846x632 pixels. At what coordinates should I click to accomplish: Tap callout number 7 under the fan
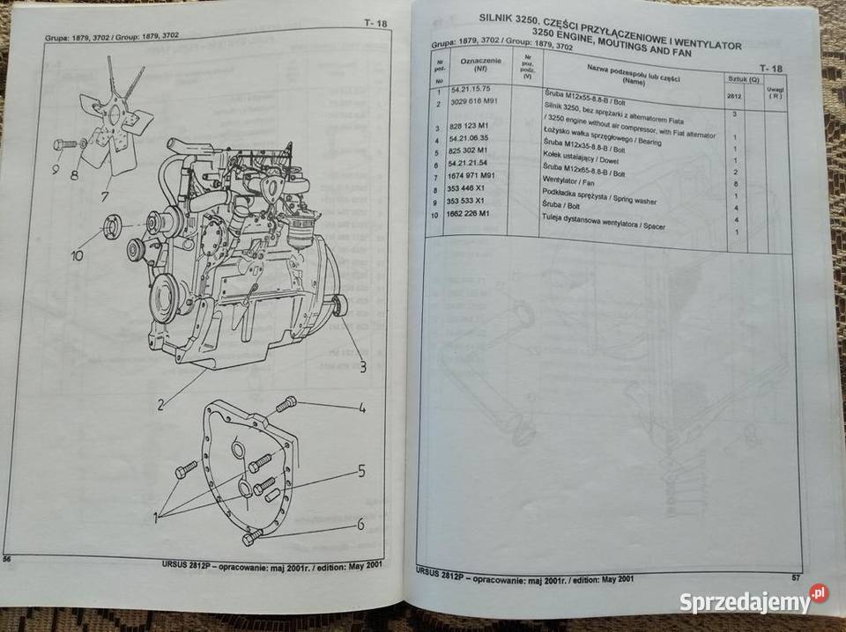tap(106, 194)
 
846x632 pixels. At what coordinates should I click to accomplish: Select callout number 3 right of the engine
tap(361, 368)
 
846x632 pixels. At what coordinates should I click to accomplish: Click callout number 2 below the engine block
tap(162, 406)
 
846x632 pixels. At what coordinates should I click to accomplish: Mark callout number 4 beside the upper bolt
tap(360, 408)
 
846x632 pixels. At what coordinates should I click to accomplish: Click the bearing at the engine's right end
tap(338, 305)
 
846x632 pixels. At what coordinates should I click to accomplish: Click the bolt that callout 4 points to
tap(286, 404)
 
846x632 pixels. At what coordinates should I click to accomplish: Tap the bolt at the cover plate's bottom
tap(253, 536)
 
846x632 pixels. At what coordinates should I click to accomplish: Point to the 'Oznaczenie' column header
tap(481, 60)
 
